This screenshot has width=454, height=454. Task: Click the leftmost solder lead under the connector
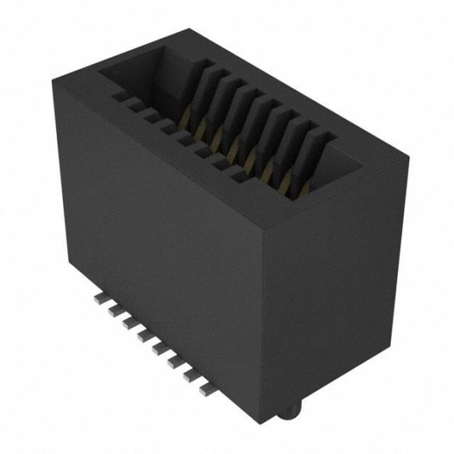coord(101,297)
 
